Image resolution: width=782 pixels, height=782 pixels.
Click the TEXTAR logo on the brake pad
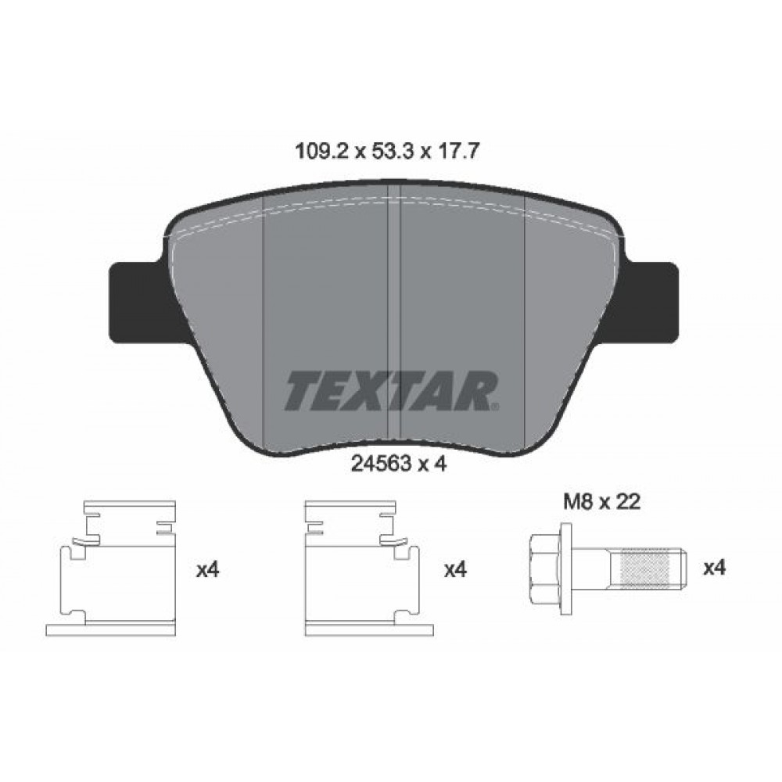click(391, 391)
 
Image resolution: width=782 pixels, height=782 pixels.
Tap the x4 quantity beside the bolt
click(715, 569)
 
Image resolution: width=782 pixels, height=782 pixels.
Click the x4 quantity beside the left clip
click(206, 570)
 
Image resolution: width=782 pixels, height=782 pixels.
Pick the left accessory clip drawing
click(117, 567)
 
